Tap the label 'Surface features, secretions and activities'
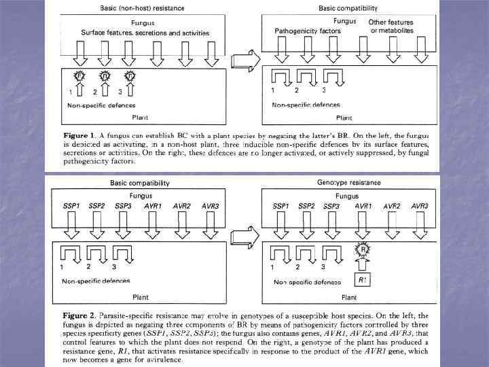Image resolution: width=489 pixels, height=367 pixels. coord(145,33)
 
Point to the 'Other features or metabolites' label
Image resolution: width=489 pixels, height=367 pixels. coord(390,27)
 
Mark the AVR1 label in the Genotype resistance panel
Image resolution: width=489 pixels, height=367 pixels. coord(362,206)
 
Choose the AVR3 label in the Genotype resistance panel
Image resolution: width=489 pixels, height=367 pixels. coord(419,206)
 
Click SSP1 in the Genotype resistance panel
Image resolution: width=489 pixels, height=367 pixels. coord(284,206)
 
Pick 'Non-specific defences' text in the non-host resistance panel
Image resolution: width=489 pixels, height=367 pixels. coord(101,106)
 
